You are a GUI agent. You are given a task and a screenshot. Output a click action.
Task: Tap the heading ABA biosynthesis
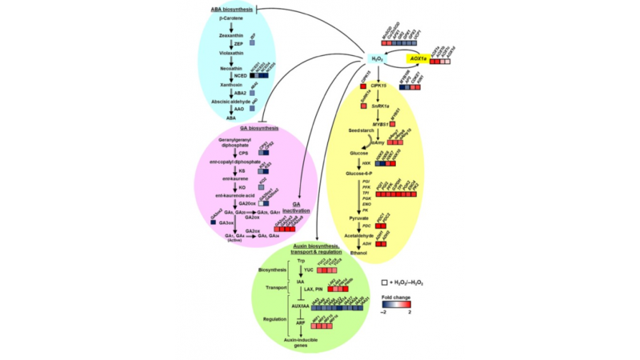pos(232,9)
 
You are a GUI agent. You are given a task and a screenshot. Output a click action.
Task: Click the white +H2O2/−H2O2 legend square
pos(385,282)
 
